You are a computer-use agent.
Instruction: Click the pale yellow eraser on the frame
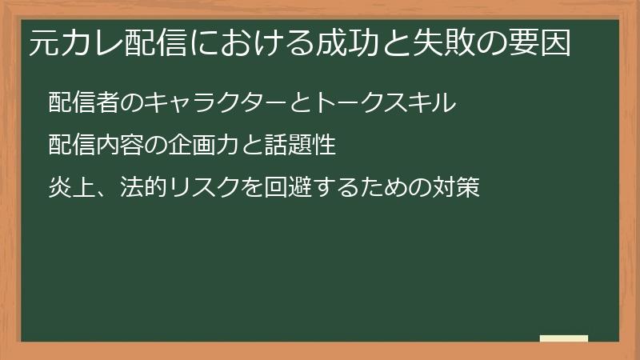564,338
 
